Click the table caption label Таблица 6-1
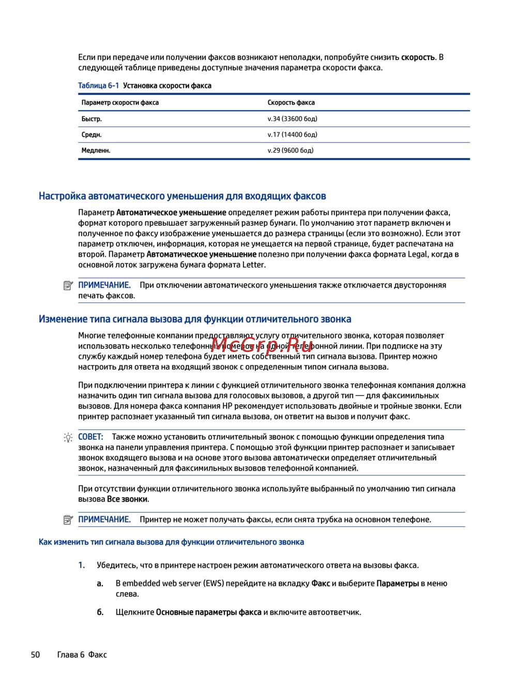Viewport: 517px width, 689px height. [x=98, y=85]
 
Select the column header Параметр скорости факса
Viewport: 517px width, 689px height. [x=120, y=102]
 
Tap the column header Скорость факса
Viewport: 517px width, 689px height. [x=291, y=102]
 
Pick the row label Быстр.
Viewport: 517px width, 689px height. [x=92, y=119]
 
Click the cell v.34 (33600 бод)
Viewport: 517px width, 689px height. [x=292, y=119]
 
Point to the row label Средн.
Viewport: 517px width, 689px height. [x=92, y=135]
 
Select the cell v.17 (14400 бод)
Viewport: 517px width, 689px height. [x=292, y=135]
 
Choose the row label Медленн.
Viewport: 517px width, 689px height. [x=96, y=151]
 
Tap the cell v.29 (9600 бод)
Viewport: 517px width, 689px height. [x=291, y=151]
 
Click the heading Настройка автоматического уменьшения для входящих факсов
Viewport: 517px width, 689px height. [x=182, y=196]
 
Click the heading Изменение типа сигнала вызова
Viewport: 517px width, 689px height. [x=195, y=319]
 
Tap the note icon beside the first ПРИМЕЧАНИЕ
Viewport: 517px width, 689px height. [x=68, y=285]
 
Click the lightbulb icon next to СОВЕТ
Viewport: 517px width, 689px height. [x=68, y=437]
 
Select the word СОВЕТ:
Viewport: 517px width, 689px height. [x=90, y=437]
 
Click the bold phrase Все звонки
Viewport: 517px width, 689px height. [x=127, y=500]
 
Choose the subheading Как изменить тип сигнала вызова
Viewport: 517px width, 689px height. [x=171, y=542]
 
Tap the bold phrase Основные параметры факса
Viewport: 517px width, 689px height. [x=208, y=612]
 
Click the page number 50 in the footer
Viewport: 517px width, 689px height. [x=35, y=655]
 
